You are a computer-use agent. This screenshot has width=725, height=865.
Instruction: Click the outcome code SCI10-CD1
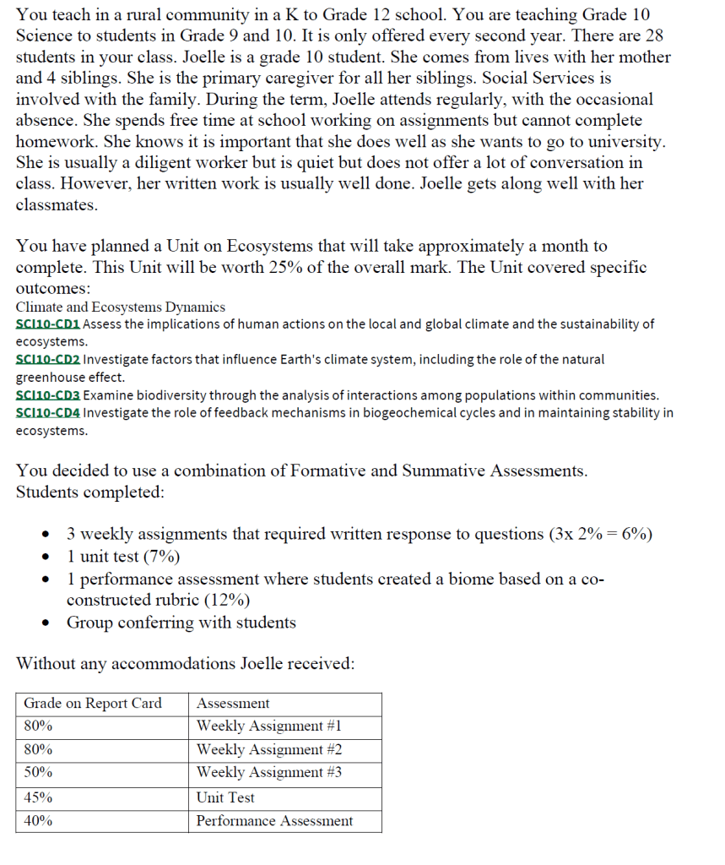47,324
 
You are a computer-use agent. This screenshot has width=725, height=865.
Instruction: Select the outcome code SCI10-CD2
47,360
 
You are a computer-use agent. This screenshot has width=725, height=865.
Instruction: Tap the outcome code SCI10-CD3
47,395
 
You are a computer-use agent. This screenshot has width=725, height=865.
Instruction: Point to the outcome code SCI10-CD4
47,413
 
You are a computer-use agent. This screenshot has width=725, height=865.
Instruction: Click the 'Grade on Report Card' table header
93,704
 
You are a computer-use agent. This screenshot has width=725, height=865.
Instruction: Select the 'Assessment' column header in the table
233,704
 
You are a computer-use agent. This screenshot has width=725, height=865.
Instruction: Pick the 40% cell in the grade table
38,821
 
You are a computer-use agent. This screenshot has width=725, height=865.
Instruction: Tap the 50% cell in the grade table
38,772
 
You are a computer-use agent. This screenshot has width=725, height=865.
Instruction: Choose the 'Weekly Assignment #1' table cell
269,726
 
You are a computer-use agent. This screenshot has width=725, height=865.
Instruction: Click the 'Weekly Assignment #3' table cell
269,772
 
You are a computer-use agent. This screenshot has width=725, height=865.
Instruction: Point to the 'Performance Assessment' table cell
274,821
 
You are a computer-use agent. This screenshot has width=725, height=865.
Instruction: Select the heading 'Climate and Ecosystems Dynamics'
121,307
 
